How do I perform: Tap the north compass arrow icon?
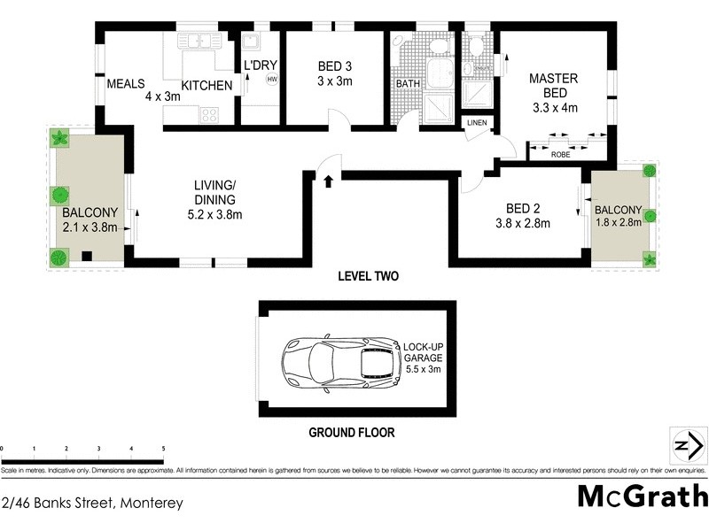(683, 443)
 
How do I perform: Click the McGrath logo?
(643, 496)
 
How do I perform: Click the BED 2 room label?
(523, 209)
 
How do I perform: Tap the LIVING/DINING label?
(218, 192)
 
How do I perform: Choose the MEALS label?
(125, 84)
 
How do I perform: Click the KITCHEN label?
(206, 85)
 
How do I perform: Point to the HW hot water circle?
(271, 80)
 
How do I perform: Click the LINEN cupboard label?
(477, 122)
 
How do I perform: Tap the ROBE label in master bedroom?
(560, 154)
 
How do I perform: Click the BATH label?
(408, 84)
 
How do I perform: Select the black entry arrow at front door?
(329, 181)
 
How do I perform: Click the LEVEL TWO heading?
(368, 276)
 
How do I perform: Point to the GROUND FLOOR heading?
(351, 433)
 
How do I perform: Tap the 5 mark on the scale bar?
(163, 449)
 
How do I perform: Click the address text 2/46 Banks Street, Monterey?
(92, 504)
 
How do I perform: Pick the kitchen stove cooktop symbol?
(209, 114)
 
